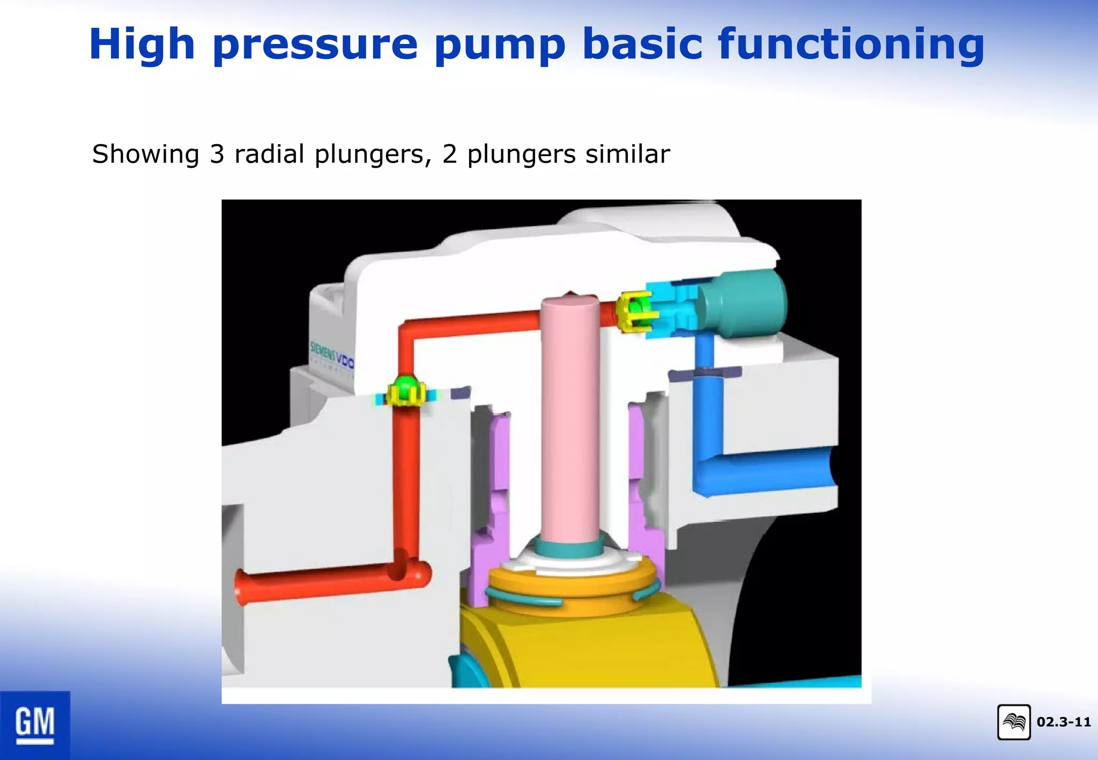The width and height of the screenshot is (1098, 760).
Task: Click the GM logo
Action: click(x=35, y=725)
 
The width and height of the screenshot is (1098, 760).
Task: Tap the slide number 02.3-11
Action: click(x=1064, y=722)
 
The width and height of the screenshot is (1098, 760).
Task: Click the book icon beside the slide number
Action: click(x=1014, y=722)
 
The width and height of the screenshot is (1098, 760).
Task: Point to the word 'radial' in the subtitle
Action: click(x=270, y=154)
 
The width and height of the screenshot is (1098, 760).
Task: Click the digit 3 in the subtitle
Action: click(x=217, y=154)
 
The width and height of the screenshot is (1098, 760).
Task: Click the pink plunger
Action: click(x=570, y=418)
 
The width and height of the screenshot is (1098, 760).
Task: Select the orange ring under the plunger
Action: click(x=571, y=587)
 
